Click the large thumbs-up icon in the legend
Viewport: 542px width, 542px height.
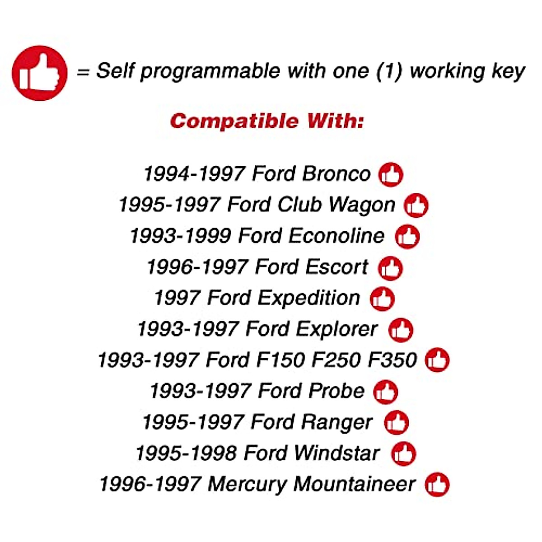40,73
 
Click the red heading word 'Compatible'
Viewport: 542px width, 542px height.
234,121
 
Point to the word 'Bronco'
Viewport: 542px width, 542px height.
336,174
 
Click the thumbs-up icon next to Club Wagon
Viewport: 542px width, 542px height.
416,206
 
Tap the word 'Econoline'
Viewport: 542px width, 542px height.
336,236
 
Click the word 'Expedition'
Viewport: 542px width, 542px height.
309,298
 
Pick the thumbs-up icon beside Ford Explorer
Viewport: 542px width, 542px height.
401,330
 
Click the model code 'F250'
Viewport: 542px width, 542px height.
336,360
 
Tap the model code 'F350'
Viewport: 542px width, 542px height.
392,360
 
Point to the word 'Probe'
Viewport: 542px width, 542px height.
336,391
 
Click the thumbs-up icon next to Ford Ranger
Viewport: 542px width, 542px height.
396,422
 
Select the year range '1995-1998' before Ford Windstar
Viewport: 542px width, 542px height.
186,453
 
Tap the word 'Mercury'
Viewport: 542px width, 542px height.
247,485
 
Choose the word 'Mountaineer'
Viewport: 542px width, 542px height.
355,484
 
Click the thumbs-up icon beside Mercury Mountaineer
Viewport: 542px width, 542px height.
437,484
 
